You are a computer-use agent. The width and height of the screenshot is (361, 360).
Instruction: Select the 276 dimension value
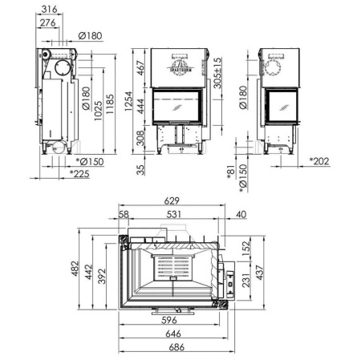[47, 24]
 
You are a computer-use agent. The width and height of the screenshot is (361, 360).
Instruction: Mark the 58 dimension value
[123, 215]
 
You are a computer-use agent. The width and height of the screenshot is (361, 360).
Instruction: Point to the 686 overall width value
[176, 347]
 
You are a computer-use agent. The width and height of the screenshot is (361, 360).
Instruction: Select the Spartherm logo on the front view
[180, 60]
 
